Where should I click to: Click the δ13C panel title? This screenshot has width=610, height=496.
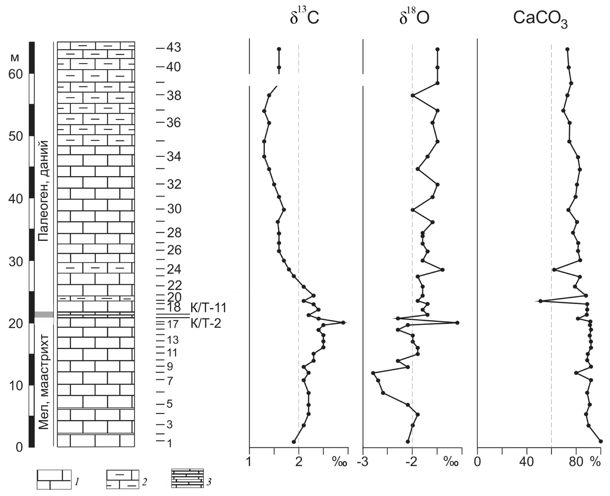tap(304, 18)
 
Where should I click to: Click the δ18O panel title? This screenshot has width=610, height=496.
tap(414, 18)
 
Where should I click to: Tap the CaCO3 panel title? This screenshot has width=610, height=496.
tap(540, 19)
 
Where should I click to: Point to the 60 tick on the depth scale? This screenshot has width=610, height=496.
tap(16, 74)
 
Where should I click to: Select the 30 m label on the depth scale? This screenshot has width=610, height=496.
tap(16, 262)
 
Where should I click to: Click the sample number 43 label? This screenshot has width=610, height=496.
tap(173, 48)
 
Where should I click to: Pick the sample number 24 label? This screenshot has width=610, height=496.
tap(173, 270)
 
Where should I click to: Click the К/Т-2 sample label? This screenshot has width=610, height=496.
tap(206, 324)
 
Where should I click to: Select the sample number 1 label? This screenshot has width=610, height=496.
tap(169, 444)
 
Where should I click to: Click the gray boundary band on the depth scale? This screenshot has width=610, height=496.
tap(44, 314)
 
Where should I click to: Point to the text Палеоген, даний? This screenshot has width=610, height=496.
tap(44, 190)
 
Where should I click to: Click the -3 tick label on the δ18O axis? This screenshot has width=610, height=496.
tap(363, 462)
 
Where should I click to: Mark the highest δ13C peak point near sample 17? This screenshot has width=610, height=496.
tap(343, 322)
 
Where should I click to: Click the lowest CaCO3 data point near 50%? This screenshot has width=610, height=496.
tap(540, 301)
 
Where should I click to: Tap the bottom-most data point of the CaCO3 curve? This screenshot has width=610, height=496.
tap(601, 441)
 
